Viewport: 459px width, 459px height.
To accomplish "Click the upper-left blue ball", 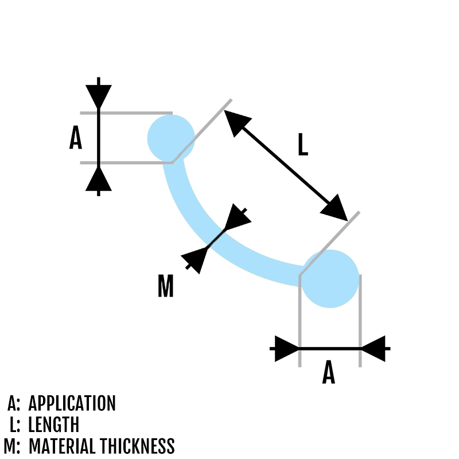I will (x=171, y=138).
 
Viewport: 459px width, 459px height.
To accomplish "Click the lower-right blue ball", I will (x=330, y=278).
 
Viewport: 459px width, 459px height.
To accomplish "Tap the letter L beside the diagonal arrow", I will (x=303, y=145).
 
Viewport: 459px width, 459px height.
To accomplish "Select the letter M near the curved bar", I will (x=165, y=286).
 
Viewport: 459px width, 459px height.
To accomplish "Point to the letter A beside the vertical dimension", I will (x=75, y=138).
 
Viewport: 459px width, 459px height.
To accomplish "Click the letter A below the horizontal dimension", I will (x=328, y=374).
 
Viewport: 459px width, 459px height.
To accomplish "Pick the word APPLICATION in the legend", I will (x=72, y=403).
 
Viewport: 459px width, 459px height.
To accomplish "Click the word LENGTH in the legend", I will (x=53, y=425).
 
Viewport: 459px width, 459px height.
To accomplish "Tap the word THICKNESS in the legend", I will (x=138, y=446).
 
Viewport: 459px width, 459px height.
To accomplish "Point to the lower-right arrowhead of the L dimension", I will (x=334, y=207).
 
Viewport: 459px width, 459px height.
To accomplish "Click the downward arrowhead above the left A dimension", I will (x=99, y=96).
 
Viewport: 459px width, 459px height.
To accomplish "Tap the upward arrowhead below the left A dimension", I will (x=99, y=178).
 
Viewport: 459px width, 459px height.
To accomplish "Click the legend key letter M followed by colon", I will (x=11, y=446).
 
